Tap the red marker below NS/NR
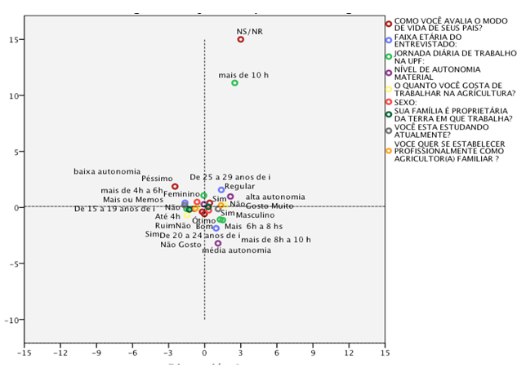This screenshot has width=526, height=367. point(241,39)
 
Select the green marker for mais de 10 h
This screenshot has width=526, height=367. point(234,83)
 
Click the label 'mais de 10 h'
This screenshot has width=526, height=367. point(243,75)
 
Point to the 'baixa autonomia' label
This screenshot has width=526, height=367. point(107,171)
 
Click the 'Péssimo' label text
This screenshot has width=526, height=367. point(157,178)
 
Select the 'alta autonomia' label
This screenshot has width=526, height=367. point(275,197)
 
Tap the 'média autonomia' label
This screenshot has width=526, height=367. point(237,250)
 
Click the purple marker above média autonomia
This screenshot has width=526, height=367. point(218,243)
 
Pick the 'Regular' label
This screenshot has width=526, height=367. point(239,187)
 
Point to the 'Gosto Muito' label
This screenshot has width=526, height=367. point(270,206)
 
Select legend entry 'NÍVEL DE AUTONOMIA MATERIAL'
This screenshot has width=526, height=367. point(432,73)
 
